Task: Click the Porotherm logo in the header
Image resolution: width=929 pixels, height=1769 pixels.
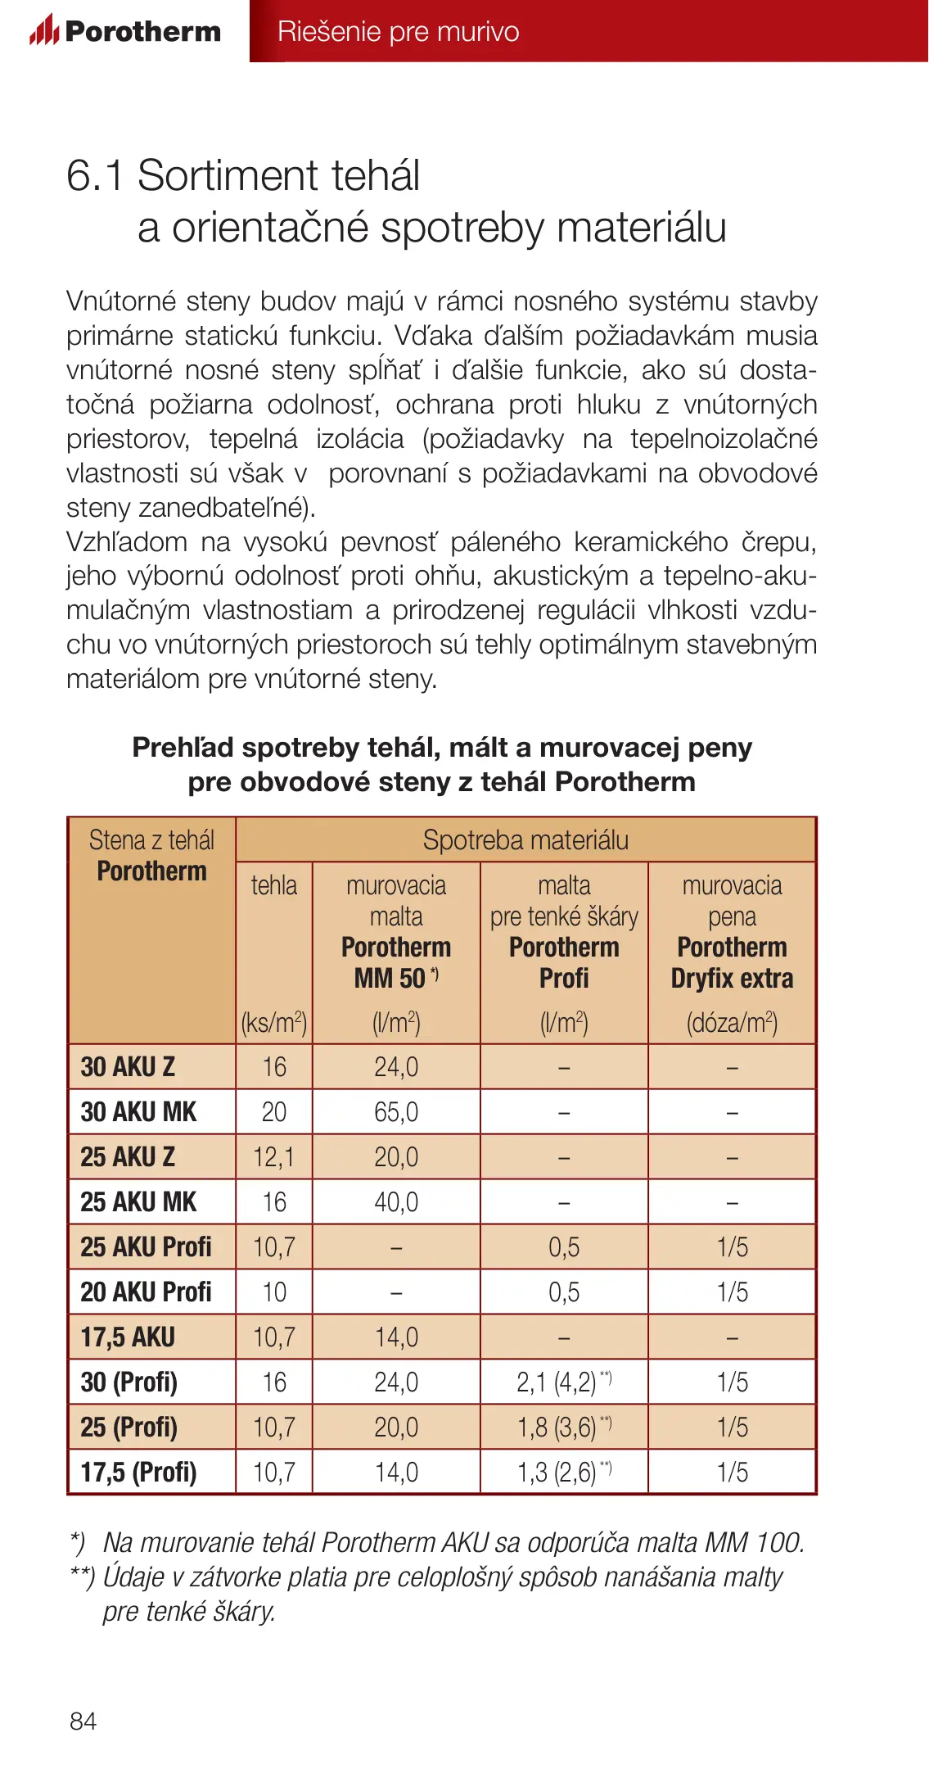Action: tap(125, 31)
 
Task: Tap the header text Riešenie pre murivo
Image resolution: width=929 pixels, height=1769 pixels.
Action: tap(398, 31)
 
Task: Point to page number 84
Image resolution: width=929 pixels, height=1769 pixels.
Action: tap(83, 1721)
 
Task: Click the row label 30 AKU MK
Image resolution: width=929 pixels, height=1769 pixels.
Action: tap(138, 1111)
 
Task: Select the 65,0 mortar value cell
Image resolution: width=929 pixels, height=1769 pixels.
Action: tap(396, 1111)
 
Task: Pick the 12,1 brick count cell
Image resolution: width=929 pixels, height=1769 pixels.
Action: tap(273, 1156)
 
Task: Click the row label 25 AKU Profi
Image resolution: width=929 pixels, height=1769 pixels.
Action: tap(146, 1246)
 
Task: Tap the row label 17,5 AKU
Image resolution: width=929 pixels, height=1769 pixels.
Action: tap(128, 1337)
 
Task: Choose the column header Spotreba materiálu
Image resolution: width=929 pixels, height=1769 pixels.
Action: tap(525, 840)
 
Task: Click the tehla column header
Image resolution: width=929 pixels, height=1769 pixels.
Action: tap(273, 885)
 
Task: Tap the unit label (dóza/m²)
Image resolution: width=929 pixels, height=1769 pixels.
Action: tap(732, 1022)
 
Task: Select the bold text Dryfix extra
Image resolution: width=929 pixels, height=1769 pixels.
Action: tap(732, 978)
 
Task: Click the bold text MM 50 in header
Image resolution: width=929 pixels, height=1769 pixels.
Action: tap(390, 978)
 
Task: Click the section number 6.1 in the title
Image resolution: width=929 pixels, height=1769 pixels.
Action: tap(94, 175)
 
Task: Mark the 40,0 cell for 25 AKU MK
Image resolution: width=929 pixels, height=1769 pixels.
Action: tap(396, 1201)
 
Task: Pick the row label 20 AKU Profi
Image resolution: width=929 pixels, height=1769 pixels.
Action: tap(146, 1292)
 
